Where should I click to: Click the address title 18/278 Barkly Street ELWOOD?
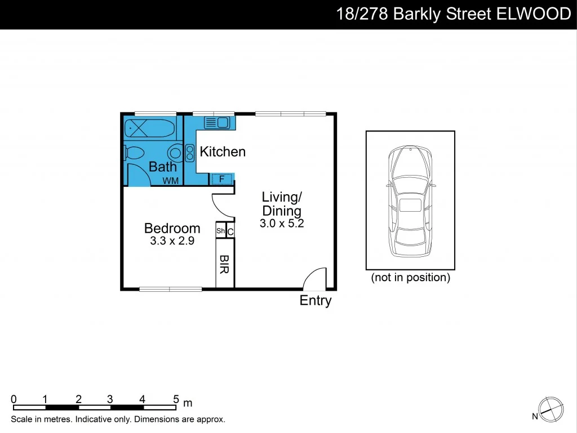coord(453,14)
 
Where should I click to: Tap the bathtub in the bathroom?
coord(149,129)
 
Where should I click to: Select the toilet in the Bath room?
coord(135,152)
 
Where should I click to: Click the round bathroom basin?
coord(175,152)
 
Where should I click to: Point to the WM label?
coord(170,181)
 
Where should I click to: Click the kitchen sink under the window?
coord(216,122)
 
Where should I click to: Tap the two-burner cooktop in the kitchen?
coord(189,152)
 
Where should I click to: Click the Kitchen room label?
coord(223,151)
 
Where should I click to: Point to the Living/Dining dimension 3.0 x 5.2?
coord(282,224)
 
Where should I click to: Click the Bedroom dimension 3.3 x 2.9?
coord(172,242)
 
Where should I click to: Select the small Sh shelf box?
coord(220,231)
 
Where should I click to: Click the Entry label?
coord(316,300)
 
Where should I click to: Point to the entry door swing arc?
coord(314,278)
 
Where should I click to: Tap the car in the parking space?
coord(410,200)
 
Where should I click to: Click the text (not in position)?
coord(410,278)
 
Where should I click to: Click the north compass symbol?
coord(550,409)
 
